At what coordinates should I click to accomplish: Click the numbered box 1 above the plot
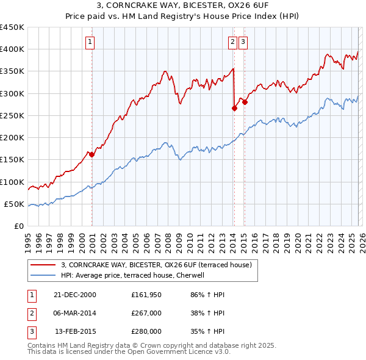(90, 42)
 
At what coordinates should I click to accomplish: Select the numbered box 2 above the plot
(233, 42)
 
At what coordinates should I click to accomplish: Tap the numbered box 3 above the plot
(243, 42)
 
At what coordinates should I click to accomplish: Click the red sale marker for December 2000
(92, 154)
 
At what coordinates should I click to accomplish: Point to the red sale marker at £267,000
(234, 108)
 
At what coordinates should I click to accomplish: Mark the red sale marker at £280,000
(245, 103)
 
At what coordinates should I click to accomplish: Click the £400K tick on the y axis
(12, 49)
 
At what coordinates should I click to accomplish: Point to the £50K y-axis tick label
(15, 204)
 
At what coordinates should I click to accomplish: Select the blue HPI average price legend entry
(135, 275)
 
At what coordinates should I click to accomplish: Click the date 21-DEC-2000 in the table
(76, 295)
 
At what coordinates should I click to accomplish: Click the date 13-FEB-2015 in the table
(76, 331)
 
